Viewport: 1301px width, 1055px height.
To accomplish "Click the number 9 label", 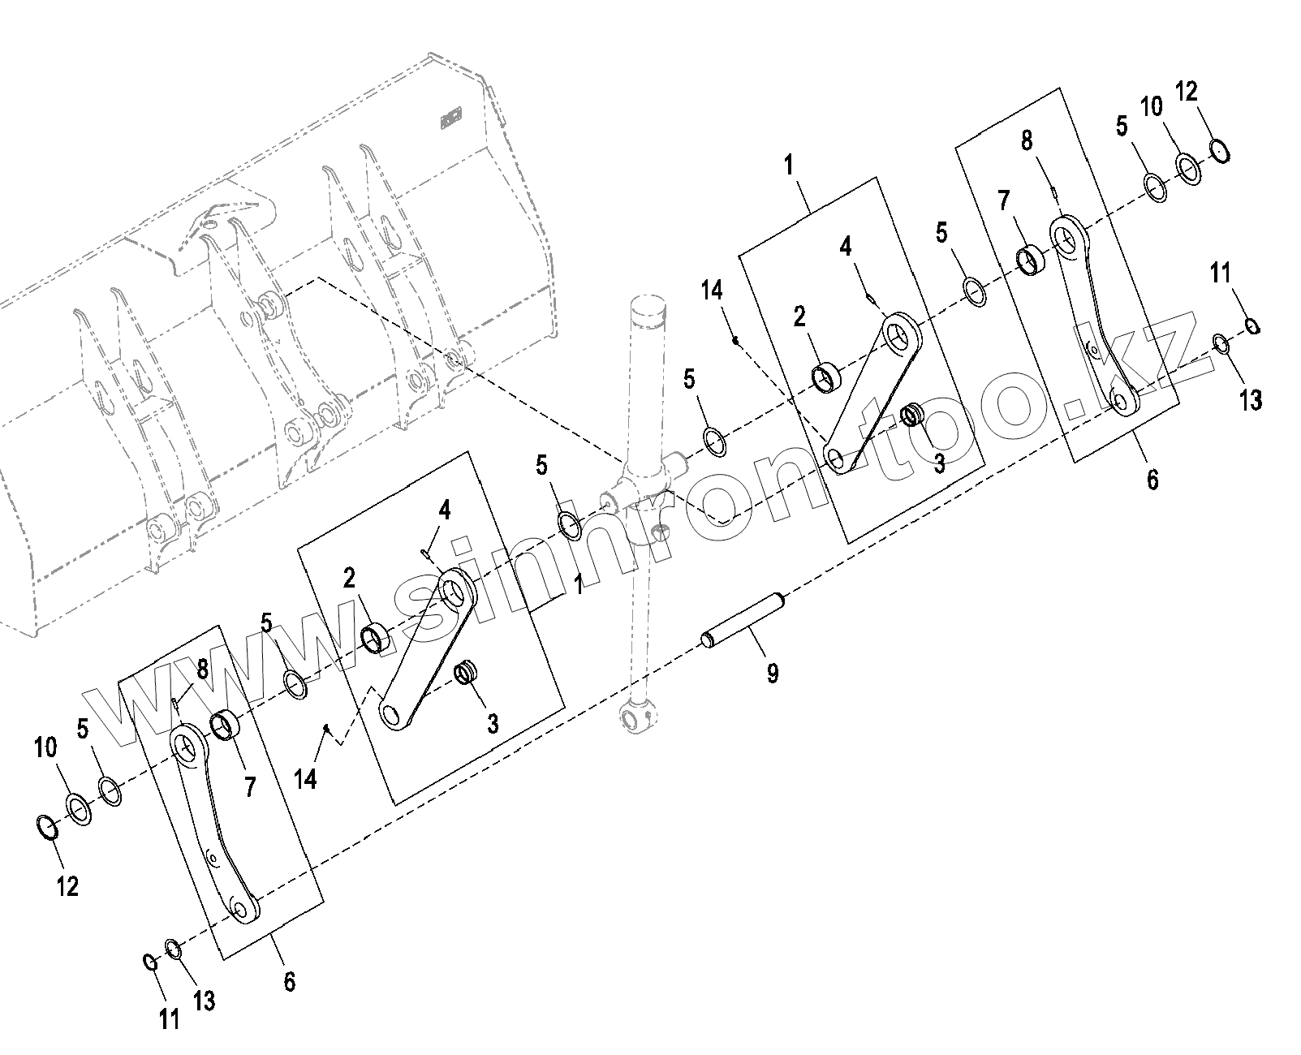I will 772,673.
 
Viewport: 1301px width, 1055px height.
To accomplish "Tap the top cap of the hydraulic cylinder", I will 649,309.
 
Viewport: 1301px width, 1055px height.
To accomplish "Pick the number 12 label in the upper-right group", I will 1186,92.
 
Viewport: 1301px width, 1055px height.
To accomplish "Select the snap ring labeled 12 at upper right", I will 1221,151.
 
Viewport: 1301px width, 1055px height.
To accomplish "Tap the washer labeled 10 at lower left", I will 79,809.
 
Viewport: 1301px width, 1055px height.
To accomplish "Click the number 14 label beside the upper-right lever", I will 712,290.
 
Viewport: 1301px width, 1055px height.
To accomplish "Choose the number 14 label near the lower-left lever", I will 306,778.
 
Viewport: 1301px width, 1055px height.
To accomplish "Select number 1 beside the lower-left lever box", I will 578,585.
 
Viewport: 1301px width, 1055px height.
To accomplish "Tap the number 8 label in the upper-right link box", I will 1027,140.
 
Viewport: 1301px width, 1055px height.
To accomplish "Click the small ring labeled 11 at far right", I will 1252,326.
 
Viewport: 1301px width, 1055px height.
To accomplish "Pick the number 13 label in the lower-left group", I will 204,1000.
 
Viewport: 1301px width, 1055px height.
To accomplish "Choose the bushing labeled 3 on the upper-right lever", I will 911,416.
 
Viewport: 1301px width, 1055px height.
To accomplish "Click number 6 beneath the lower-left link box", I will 290,981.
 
